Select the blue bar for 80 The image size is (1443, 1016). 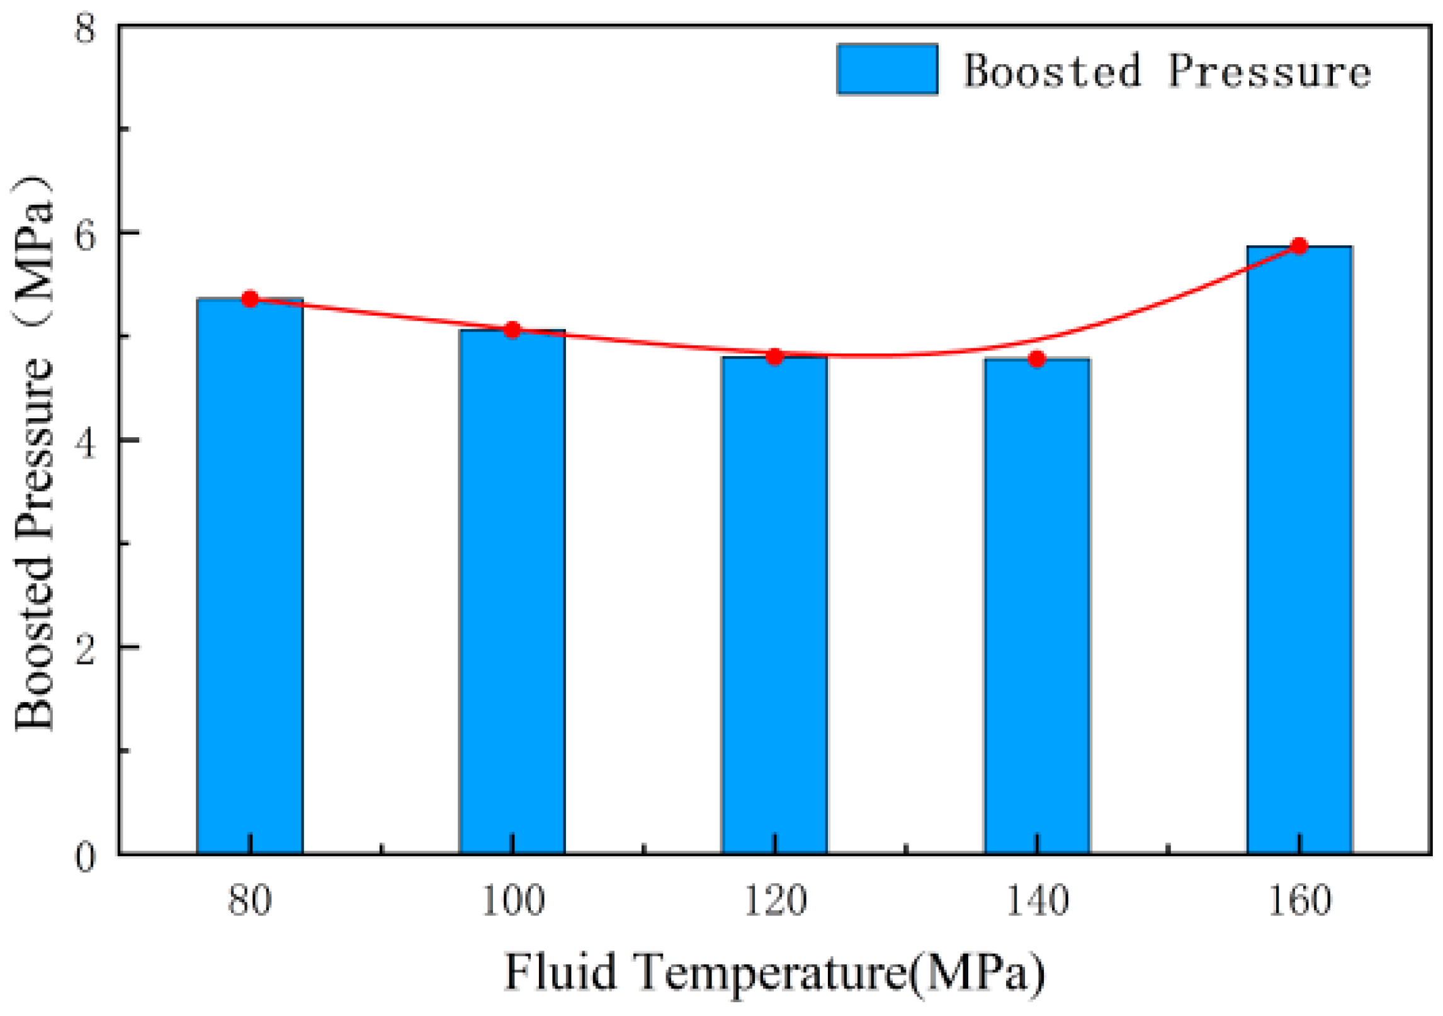click(x=250, y=576)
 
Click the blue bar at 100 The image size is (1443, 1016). click(x=512, y=591)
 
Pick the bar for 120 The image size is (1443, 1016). click(x=774, y=604)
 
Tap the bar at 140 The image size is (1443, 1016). click(x=1036, y=605)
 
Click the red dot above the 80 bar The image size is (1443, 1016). click(x=250, y=299)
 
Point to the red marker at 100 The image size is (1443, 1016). click(x=512, y=330)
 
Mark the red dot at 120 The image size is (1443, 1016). click(x=774, y=357)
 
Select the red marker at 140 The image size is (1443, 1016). click(x=1036, y=359)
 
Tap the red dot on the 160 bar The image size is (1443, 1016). click(x=1299, y=246)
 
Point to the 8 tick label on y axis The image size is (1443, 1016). click(x=85, y=28)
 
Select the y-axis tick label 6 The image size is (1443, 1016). click(x=85, y=236)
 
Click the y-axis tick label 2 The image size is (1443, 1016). click(x=85, y=650)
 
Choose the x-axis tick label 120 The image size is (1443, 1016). click(x=774, y=900)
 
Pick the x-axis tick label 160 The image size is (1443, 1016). click(x=1299, y=900)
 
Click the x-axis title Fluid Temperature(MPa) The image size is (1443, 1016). click(x=774, y=973)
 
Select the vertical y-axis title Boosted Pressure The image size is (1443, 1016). click(x=35, y=453)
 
